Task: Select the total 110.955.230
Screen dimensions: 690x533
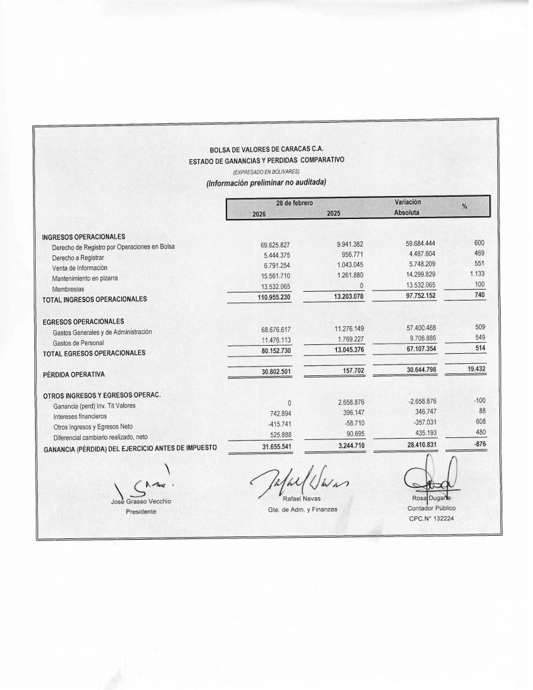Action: coord(270,299)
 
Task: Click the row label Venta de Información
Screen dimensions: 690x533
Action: coord(80,268)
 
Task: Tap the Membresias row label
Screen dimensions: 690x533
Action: coord(68,288)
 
